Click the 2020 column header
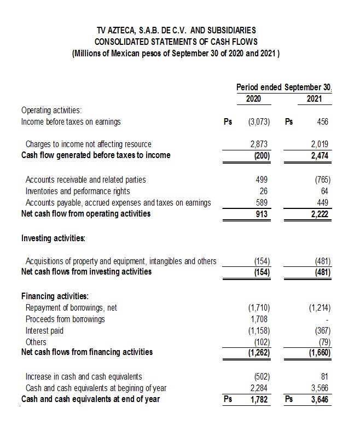click(253, 99)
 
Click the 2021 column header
click(314, 99)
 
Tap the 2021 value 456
click(322, 121)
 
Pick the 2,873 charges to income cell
click(260, 144)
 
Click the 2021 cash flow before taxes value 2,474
click(320, 155)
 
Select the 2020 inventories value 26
click(265, 191)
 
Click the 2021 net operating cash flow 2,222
click(320, 214)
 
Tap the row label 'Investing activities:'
click(53, 238)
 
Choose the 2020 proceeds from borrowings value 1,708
click(260, 319)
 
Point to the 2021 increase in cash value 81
click(324, 376)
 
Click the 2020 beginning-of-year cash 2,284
click(260, 388)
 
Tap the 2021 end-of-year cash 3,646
click(320, 399)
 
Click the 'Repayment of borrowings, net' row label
click(71, 307)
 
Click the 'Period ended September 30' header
click(284, 87)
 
